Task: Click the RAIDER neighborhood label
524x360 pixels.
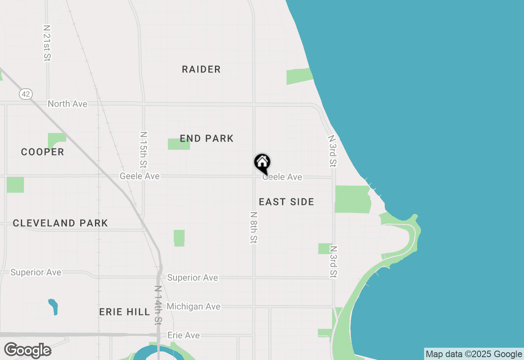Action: click(201, 70)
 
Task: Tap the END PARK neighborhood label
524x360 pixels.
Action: click(207, 139)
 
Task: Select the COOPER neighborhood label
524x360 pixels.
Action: click(43, 152)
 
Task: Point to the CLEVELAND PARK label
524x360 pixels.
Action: click(60, 223)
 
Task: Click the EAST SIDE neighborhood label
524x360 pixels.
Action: click(287, 202)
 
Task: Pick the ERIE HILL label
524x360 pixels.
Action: click(124, 312)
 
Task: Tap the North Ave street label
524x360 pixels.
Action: click(68, 104)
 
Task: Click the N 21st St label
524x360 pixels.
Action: click(47, 43)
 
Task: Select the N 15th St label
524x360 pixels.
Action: click(143, 150)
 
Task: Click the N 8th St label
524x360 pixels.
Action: click(254, 228)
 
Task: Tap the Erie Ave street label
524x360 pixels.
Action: click(183, 335)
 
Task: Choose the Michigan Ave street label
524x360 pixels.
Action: click(193, 306)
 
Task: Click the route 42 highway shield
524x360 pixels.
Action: click(25, 94)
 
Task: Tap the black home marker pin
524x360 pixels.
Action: click(262, 163)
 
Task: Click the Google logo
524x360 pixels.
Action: click(27, 351)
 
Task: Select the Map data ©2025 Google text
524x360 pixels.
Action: click(474, 354)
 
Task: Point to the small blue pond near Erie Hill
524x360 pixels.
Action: click(53, 306)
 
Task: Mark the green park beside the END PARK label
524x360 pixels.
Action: click(178, 144)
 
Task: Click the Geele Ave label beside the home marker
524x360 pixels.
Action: click(282, 177)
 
